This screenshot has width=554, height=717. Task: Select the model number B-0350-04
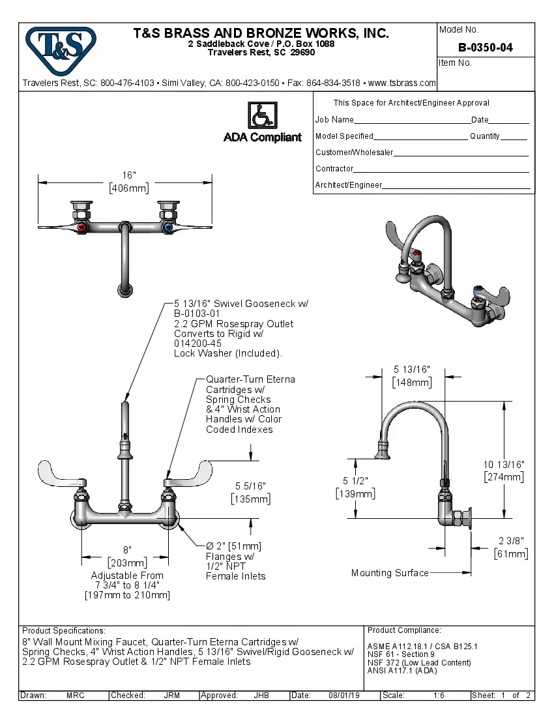[x=485, y=48]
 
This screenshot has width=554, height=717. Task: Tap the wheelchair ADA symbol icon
[x=261, y=116]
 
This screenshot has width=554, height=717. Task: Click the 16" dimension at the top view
[x=129, y=175]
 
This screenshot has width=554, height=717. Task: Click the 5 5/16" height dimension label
[x=250, y=486]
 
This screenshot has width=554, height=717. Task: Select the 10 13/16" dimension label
[x=503, y=464]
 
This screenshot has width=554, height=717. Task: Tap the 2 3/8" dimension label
[x=511, y=540]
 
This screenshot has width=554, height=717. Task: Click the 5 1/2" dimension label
[x=355, y=481]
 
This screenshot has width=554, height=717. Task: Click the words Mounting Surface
[x=390, y=573]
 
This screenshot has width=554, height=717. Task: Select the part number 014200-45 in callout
[x=197, y=344]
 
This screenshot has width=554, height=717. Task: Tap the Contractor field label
[x=334, y=169]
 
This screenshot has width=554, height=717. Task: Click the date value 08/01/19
[x=345, y=695]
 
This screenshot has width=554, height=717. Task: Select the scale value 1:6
[x=439, y=695]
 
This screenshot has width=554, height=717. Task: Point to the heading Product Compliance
[x=404, y=630]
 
